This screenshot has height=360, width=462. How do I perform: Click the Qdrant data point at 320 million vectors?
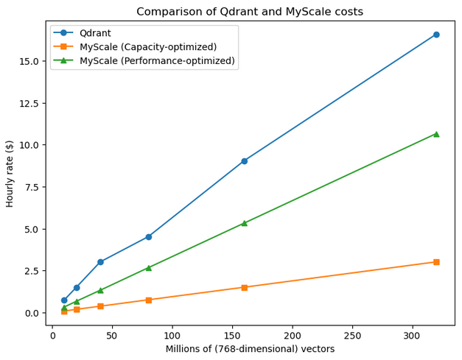[436, 35]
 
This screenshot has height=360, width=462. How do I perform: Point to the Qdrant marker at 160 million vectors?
[244, 160]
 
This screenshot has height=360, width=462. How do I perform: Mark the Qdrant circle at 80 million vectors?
[148, 237]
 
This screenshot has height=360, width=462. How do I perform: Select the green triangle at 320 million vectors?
[436, 134]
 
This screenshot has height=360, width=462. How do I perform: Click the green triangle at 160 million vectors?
[244, 223]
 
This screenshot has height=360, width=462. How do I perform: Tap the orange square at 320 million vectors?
[436, 262]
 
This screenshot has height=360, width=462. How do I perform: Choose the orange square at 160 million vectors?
[244, 287]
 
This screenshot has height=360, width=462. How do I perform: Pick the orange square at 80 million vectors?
[148, 300]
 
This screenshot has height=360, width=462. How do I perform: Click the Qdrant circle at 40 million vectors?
[100, 262]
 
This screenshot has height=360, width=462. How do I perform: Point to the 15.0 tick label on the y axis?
[31, 61]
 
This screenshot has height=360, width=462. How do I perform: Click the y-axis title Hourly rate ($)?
[10, 173]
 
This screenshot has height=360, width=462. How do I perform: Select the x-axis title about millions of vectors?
[250, 349]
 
